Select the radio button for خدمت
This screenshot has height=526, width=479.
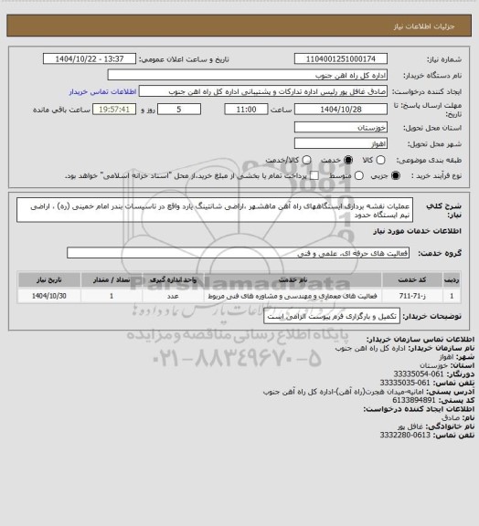point(267,159)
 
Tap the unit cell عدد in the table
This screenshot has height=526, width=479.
point(174,297)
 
